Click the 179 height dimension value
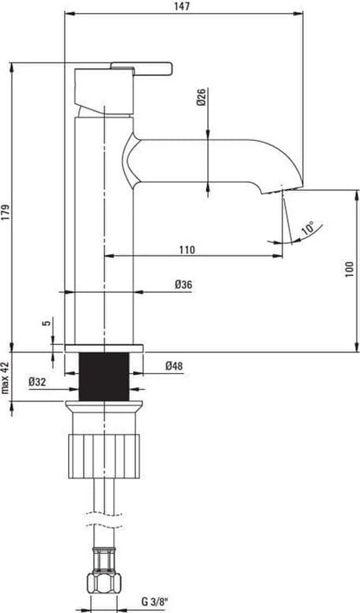[x=6, y=211]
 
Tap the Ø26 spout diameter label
[x=201, y=97]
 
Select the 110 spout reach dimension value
[x=188, y=249]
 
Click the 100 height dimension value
[x=350, y=269]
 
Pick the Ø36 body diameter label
[x=183, y=284]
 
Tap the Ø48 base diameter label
[x=174, y=366]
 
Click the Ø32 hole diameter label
[x=37, y=382]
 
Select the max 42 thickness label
[x=5, y=378]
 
